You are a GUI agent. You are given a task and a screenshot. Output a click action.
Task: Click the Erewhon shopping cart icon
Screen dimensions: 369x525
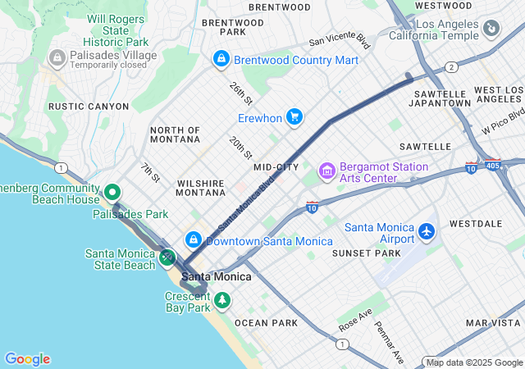294,118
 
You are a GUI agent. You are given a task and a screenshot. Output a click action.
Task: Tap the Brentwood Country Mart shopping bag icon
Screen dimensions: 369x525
221,59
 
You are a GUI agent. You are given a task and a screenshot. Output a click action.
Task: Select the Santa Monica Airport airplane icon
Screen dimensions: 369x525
426,233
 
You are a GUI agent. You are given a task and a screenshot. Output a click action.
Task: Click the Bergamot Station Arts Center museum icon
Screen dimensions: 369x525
327,172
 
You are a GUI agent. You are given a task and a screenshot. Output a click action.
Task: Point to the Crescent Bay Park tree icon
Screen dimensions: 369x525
221,303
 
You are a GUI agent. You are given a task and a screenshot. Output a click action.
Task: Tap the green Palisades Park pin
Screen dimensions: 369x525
113,193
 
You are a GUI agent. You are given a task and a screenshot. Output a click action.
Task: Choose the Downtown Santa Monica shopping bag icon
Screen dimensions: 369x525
193,240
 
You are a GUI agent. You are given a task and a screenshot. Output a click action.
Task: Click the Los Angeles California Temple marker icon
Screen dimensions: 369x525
491,30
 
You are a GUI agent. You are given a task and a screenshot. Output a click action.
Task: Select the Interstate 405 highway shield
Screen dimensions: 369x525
492,165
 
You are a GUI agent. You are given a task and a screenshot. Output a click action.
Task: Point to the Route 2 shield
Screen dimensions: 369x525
451,67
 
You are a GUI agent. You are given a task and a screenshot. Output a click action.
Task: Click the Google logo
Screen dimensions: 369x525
27,358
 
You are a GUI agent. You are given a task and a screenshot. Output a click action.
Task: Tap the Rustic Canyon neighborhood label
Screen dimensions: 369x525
89,107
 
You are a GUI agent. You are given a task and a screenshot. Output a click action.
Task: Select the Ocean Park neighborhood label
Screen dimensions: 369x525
266,323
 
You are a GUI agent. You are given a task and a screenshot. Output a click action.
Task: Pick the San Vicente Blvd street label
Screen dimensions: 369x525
340,42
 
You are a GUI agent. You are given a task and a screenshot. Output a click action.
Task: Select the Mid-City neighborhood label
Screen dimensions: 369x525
276,167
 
